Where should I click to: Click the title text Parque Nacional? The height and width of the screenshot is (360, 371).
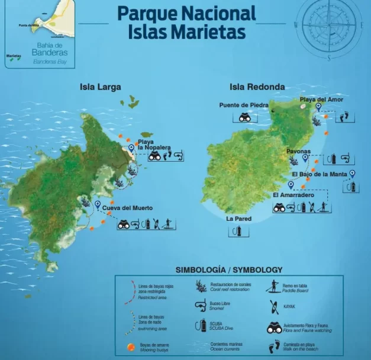point(187,12)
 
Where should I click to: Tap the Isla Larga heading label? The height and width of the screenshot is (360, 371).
point(101,87)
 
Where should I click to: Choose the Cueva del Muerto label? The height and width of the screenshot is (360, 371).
point(127,208)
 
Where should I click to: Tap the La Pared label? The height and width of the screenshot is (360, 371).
point(239,218)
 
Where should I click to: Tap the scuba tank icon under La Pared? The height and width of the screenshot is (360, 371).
point(238,231)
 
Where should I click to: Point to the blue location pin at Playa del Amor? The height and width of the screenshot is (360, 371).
point(318,107)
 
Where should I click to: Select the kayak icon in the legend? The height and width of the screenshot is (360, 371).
point(273,307)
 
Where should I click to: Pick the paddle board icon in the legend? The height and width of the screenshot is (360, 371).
point(273,287)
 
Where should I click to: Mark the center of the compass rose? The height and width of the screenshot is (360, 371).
point(329,25)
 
